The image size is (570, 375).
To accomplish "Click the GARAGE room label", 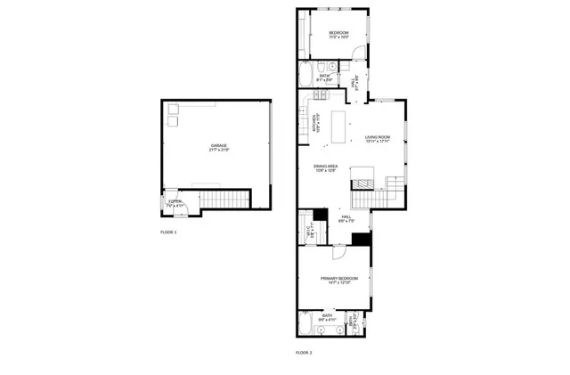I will click(x=219, y=145).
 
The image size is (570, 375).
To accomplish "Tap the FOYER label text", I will click(x=175, y=202).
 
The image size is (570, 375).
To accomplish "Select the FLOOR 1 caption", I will click(x=168, y=232).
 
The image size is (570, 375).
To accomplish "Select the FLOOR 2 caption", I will click(x=304, y=353).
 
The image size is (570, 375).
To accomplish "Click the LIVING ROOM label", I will click(x=378, y=137).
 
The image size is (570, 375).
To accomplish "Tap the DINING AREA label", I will click(x=325, y=167).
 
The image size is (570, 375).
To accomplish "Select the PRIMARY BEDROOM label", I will click(x=338, y=279).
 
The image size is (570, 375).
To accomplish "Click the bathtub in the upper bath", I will click(x=306, y=75).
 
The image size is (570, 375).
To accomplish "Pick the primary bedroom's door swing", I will click(x=339, y=252).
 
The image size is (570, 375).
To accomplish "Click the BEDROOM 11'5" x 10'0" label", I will click(x=338, y=34).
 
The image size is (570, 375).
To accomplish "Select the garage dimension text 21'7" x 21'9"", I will click(x=219, y=150).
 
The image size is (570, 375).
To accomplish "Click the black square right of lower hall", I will click(x=361, y=239).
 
